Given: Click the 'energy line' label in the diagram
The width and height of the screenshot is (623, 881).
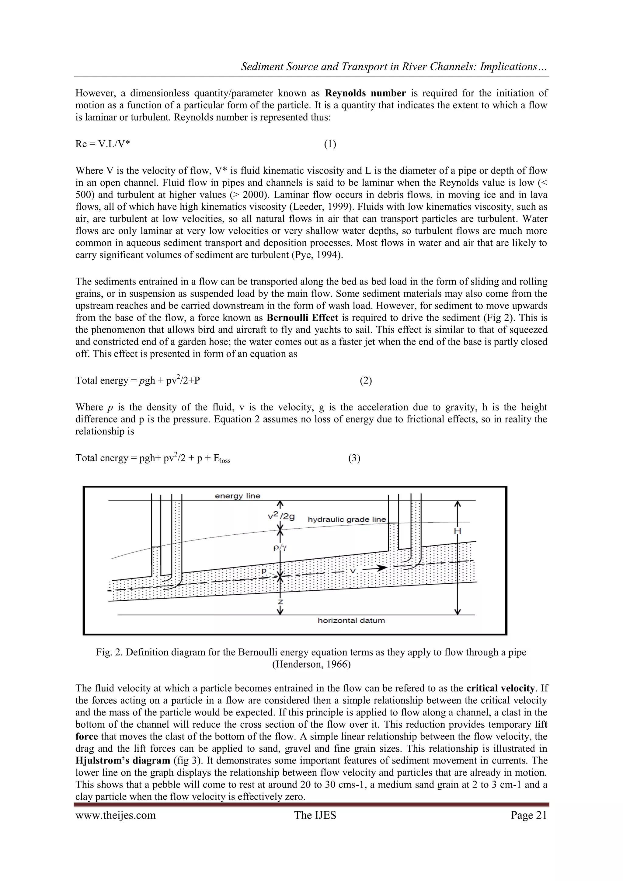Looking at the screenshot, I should click(x=238, y=496).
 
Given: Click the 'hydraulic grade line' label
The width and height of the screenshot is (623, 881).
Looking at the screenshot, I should click(x=347, y=519).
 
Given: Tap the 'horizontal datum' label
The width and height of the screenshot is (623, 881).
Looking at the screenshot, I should click(x=351, y=621).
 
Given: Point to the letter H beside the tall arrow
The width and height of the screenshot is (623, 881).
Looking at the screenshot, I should click(x=457, y=531).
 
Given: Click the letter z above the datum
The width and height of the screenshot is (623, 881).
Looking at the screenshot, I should click(x=280, y=602).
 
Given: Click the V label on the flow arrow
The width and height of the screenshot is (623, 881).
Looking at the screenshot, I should click(x=353, y=571).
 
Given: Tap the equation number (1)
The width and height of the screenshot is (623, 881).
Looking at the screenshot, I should click(x=330, y=144).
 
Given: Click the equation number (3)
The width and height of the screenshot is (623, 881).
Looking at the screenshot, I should click(x=354, y=458).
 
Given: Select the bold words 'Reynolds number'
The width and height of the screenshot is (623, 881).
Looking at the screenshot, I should click(x=365, y=93).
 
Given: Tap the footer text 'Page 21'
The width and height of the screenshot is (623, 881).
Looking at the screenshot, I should click(x=529, y=815).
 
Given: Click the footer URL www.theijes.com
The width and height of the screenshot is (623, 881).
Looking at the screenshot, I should click(x=116, y=815).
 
